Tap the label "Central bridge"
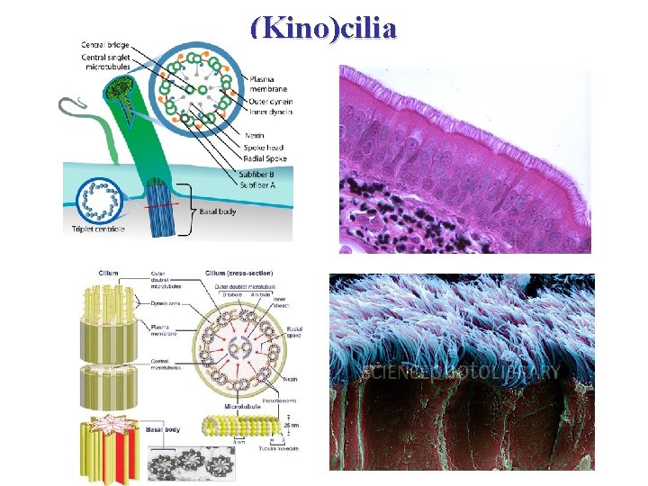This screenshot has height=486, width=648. [x=103, y=44]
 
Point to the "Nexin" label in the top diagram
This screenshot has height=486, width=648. [x=255, y=135]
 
